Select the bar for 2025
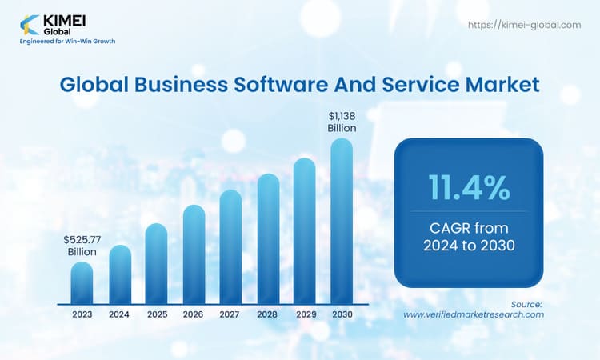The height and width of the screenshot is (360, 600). [x=156, y=264]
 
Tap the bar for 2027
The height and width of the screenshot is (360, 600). [x=230, y=247]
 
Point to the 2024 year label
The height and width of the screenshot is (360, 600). [x=120, y=314]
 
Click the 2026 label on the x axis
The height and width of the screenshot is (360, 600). [x=193, y=314]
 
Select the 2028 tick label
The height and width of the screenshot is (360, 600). [x=267, y=314]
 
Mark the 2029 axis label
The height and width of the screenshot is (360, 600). [x=304, y=314]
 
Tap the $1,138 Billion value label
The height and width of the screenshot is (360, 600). [x=342, y=122]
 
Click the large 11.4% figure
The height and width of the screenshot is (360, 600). [x=470, y=187]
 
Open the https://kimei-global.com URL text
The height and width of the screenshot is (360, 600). [x=523, y=26]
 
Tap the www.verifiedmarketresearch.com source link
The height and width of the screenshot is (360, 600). [x=474, y=314]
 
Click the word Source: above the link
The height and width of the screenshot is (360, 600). [x=526, y=304]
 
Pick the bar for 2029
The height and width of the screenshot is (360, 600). [x=304, y=231]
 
